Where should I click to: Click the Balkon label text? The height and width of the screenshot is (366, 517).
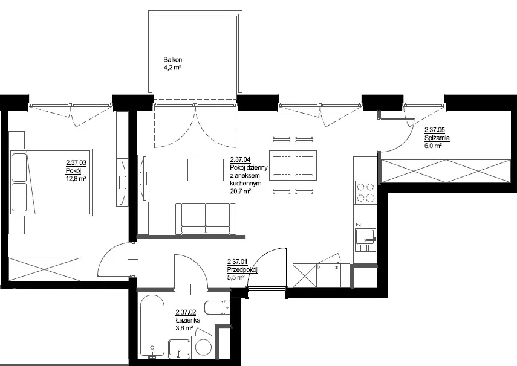(173, 60)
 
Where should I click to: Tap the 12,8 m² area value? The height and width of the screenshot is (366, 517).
(76, 179)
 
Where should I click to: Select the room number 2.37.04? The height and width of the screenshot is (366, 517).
(240, 160)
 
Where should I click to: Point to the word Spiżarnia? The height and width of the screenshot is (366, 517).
(437, 138)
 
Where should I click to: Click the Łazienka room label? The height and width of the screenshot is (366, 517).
(188, 320)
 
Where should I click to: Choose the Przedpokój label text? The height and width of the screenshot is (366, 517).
(242, 269)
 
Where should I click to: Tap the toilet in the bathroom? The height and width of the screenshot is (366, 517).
(217, 307)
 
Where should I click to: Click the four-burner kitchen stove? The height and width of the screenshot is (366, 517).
(366, 193)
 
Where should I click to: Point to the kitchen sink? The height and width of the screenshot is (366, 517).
(365, 240)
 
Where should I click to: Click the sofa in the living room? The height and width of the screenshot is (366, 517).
(206, 219)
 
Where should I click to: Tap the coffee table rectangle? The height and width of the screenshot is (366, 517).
(206, 170)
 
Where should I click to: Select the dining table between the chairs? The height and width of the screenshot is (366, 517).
(293, 165)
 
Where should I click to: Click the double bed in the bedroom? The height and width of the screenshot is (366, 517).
(50, 182)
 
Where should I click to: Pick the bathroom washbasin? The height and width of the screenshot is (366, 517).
(180, 349)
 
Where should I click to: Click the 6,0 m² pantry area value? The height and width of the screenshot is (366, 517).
(433, 146)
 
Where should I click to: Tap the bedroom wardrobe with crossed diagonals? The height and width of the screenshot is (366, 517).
(45, 269)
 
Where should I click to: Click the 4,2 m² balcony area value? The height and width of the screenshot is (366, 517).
(172, 68)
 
